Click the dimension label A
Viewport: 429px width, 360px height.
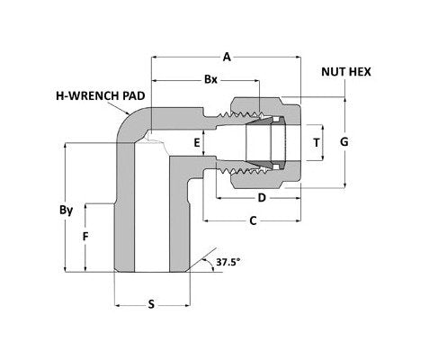227,58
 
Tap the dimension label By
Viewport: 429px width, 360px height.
65,211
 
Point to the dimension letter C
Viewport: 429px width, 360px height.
253,220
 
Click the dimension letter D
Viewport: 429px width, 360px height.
262,196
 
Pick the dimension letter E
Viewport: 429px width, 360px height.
196,142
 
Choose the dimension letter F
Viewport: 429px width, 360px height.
85,238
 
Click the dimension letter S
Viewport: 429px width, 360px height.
151,304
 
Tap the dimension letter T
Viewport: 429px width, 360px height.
316,142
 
